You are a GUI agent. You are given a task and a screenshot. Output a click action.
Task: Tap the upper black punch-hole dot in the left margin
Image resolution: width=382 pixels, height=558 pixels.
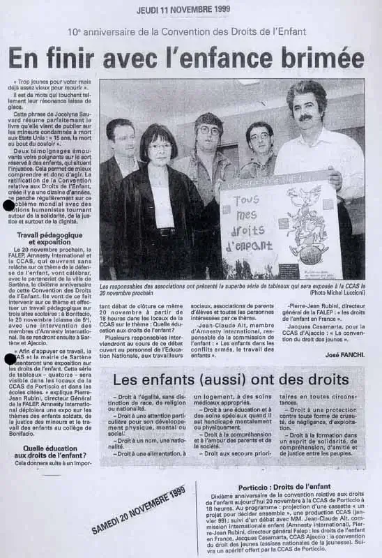pyautogui.click(x=9, y=205)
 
